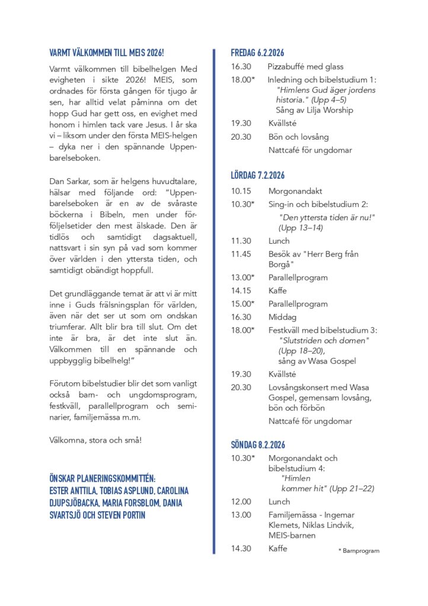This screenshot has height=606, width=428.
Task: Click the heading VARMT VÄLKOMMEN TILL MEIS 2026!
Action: coord(106,52)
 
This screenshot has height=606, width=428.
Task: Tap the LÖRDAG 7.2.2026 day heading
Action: coord(258,175)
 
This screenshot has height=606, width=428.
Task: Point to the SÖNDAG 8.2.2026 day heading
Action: coord(259,444)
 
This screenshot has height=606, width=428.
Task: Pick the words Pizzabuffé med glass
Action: coord(305,67)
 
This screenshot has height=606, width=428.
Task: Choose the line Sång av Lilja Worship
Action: coord(314,110)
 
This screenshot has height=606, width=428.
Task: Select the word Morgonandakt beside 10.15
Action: coord(295,191)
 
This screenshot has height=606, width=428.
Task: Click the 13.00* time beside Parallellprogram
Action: coord(243,278)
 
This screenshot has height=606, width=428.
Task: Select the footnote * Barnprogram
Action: coord(359,551)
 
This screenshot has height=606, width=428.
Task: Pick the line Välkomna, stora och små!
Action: coord(95,440)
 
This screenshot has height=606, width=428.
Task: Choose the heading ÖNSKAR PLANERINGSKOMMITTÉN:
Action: coord(103,479)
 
